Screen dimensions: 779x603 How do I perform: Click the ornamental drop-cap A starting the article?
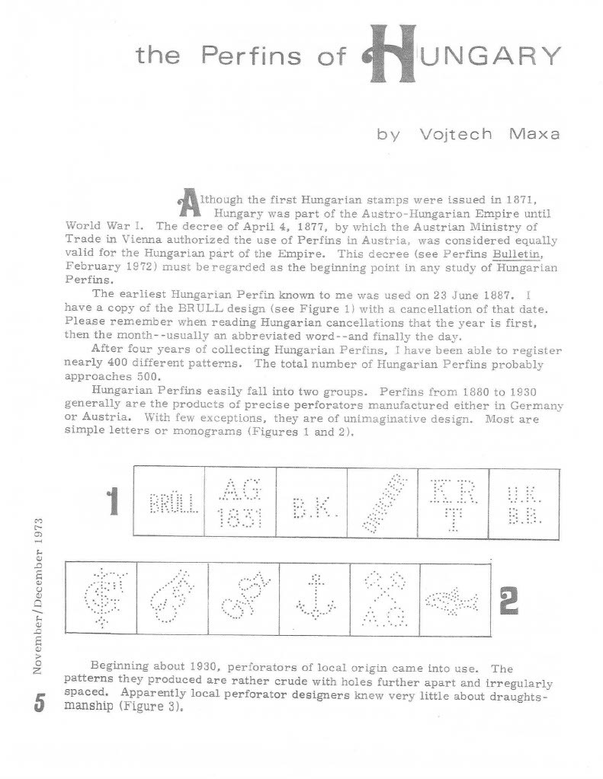[x=188, y=202]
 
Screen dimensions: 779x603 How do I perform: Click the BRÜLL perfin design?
[x=169, y=503]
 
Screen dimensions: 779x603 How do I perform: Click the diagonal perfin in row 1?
[x=382, y=503]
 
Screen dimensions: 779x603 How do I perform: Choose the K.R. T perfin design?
[x=453, y=501]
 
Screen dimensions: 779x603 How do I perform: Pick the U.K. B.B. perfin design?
[x=523, y=503]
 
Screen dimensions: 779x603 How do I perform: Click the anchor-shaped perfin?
[x=316, y=599]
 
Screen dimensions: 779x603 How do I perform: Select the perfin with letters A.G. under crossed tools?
[x=384, y=599]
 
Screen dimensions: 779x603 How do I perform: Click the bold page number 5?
[x=39, y=701]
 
